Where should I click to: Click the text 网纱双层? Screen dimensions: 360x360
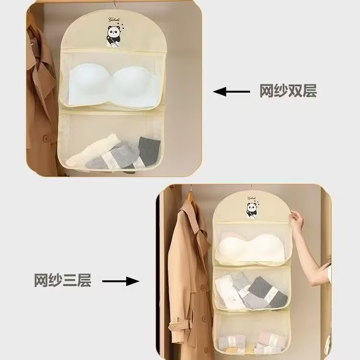[x=288, y=91]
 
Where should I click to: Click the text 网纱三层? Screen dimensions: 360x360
[x=62, y=280]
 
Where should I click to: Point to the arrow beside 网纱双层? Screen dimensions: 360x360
[x=232, y=91]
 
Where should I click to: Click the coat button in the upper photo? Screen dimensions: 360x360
[x=46, y=138]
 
